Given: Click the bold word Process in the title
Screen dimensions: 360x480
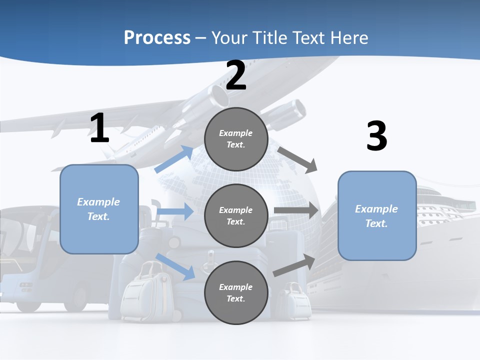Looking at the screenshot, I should (157, 37).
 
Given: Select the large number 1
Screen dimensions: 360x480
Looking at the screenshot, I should (99, 128).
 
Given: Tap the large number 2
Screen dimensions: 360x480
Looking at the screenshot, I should (236, 75).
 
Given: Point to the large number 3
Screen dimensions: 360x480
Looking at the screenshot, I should (376, 136).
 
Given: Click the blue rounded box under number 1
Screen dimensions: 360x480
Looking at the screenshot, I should (99, 209).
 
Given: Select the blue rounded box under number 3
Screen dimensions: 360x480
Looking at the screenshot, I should (377, 216).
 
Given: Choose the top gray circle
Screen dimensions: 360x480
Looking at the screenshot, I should (236, 139).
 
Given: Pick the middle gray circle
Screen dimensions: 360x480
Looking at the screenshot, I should (236, 215).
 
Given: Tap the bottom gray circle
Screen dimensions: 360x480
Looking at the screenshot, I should (236, 292).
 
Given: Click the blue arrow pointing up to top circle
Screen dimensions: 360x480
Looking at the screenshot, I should (174, 159).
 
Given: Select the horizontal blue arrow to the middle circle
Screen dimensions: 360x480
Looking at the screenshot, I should (175, 211).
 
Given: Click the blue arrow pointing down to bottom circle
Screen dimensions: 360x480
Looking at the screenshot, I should (175, 267).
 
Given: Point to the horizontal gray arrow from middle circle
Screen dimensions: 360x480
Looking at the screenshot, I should (296, 210).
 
